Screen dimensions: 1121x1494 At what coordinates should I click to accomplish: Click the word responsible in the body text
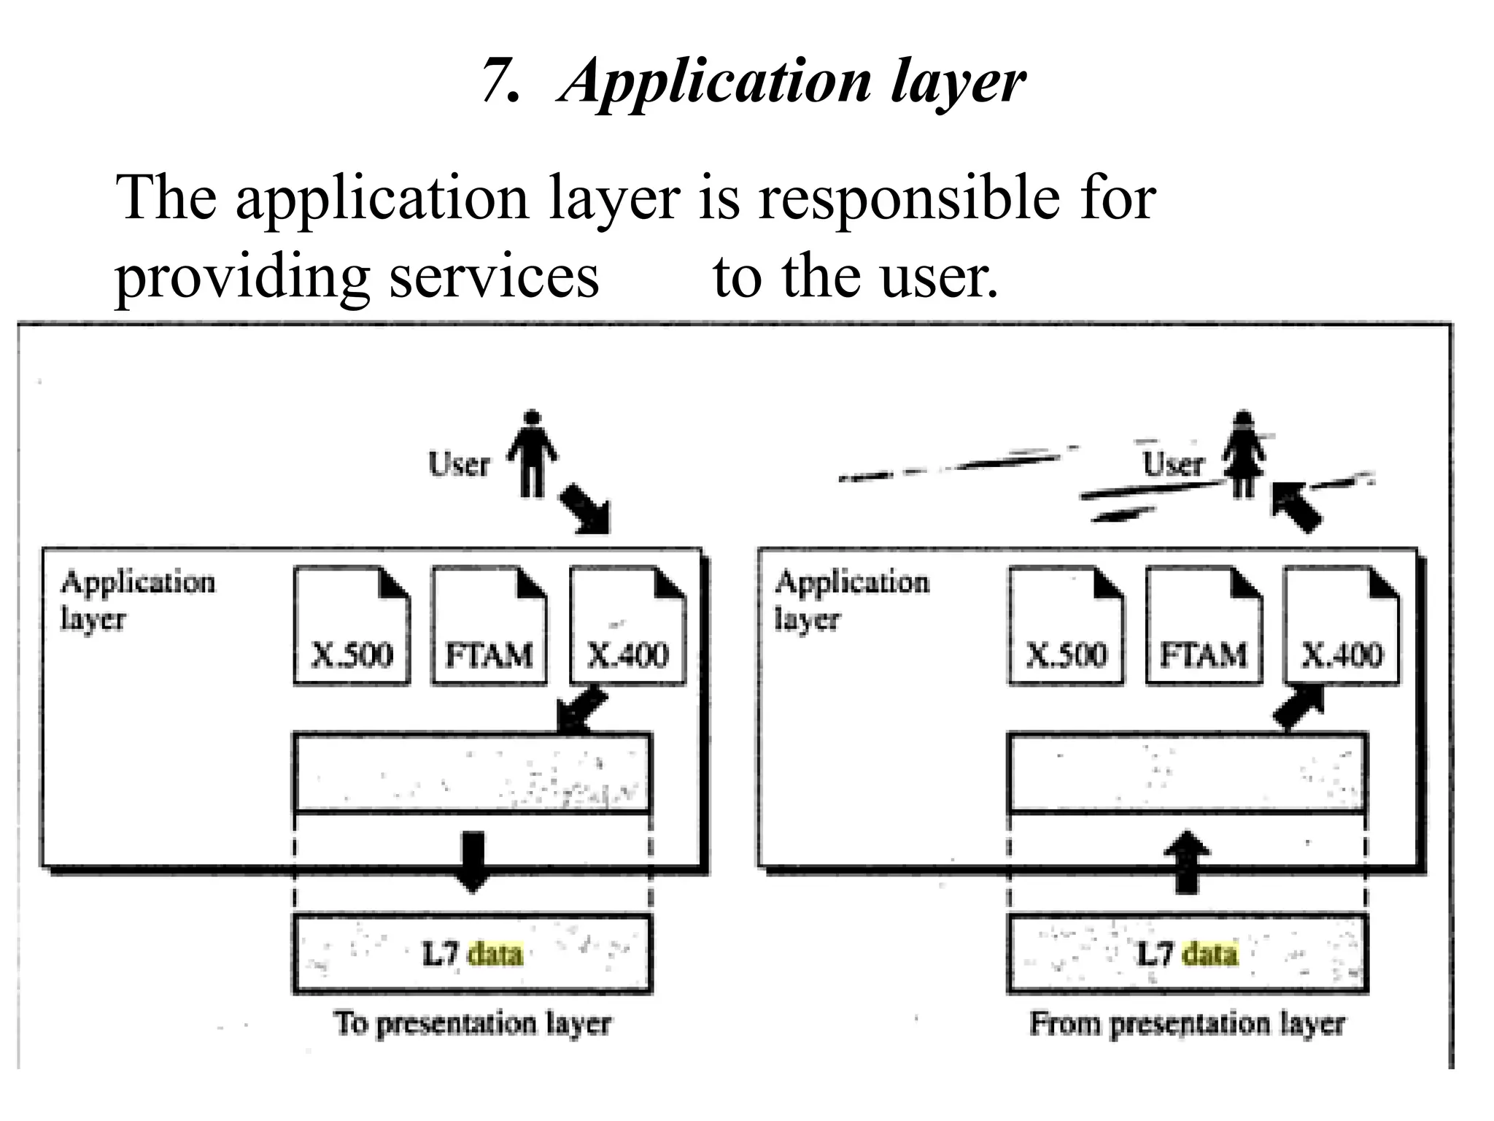909,199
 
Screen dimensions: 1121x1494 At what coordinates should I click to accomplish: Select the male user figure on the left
533,453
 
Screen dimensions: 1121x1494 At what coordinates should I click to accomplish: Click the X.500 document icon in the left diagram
352,626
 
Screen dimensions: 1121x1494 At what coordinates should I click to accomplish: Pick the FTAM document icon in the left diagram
489,626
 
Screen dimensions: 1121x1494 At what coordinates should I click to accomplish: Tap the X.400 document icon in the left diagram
627,626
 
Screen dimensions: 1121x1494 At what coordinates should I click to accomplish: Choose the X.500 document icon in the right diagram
1066,626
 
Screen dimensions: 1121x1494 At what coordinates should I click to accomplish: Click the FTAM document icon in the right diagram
1204,626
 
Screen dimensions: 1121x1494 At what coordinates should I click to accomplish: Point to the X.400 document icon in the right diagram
1342,626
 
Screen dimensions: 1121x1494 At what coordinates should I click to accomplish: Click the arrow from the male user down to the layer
586,509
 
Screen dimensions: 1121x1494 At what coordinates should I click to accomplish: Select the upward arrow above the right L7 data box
1187,861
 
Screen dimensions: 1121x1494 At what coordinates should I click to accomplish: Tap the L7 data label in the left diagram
473,954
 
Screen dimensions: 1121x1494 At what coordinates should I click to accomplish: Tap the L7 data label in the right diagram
1187,954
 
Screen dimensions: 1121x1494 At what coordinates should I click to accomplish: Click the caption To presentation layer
473,1023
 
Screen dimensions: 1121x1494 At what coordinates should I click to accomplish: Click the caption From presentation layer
1187,1023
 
